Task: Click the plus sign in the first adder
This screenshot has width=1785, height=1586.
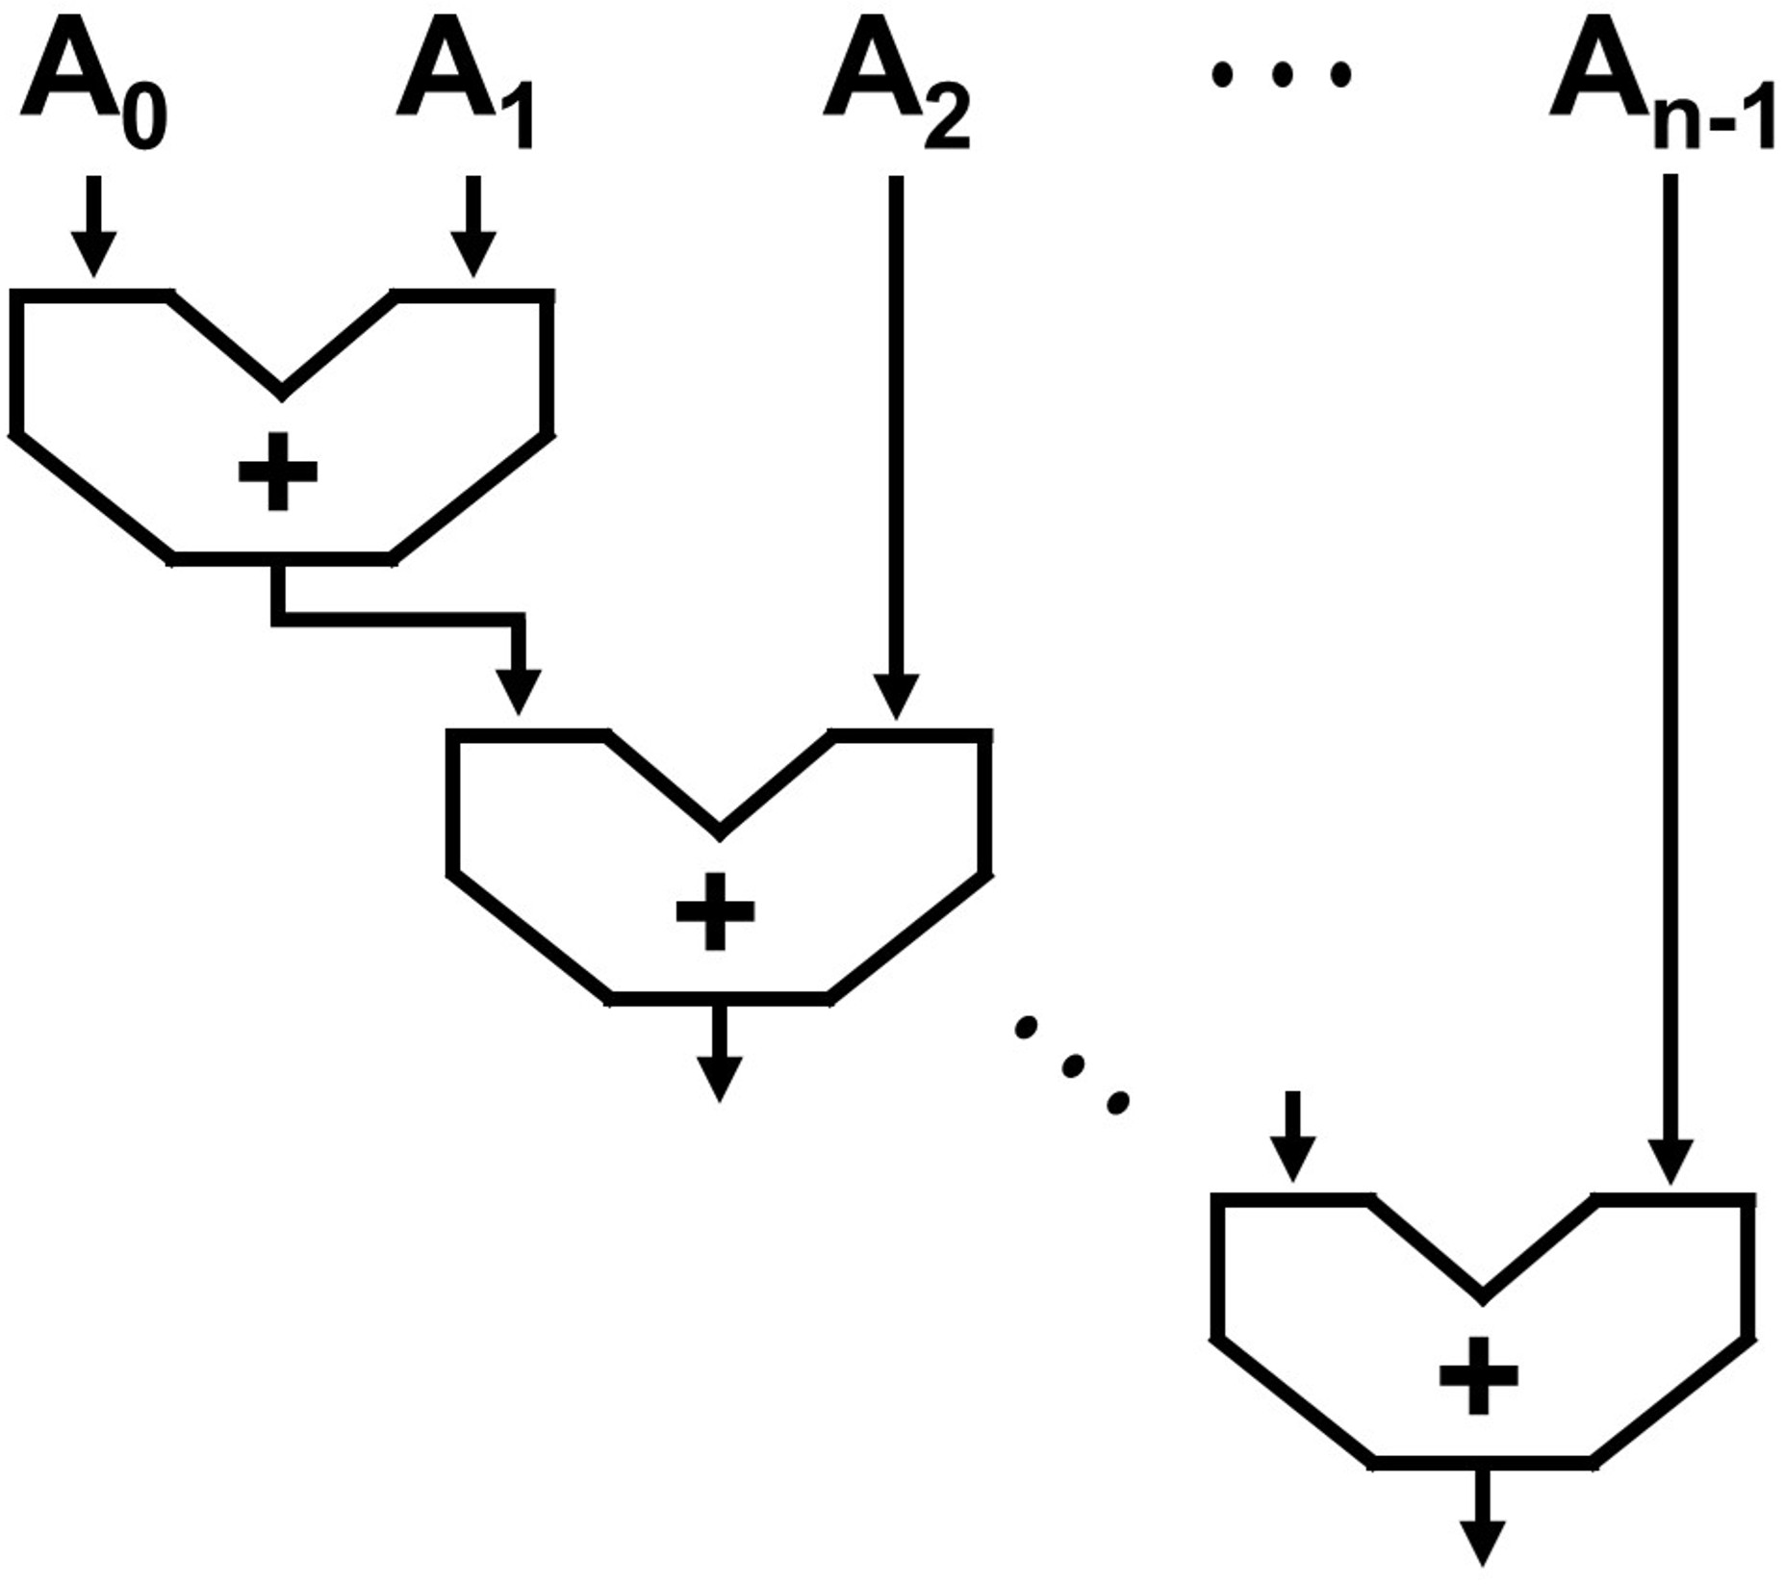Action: point(278,471)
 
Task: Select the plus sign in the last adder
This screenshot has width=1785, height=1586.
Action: point(1479,1375)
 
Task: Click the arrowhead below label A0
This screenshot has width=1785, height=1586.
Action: point(93,255)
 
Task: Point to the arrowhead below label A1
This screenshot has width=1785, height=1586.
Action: point(472,255)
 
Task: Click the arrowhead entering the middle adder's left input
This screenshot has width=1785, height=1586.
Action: point(520,693)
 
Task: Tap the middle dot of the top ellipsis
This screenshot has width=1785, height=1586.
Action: point(1282,74)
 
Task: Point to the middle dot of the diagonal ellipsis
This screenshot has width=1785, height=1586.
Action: point(1072,1064)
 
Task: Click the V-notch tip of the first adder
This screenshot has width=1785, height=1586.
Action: point(281,393)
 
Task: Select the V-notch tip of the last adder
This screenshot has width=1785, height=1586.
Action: point(1482,1298)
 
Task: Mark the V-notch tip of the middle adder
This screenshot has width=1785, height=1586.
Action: point(719,832)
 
